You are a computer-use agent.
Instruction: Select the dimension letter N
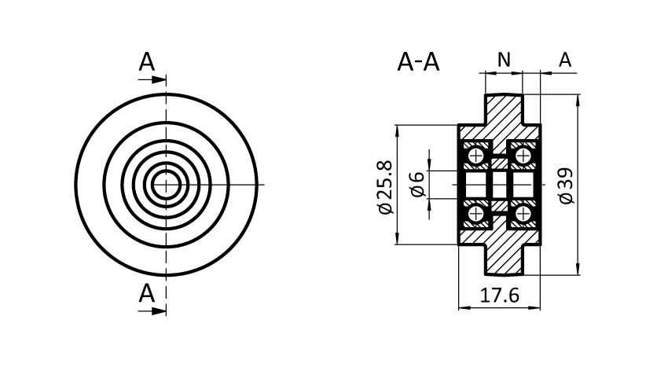tap(504, 59)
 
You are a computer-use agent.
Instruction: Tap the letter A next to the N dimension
tap(564, 59)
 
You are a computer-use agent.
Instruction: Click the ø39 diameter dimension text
tap(566, 185)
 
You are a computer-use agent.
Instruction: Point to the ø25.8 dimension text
tap(384, 186)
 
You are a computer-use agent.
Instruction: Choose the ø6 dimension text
tap(417, 185)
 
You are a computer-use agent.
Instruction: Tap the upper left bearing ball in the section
tap(475, 156)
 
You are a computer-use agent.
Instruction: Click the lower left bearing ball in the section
tap(475, 214)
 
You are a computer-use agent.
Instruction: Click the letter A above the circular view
tap(147, 62)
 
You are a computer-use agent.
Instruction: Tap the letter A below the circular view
tap(147, 294)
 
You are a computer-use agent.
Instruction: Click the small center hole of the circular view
tap(166, 185)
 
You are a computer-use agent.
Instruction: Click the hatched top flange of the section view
tap(503, 110)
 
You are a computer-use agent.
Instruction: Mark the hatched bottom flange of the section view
tap(503, 259)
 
